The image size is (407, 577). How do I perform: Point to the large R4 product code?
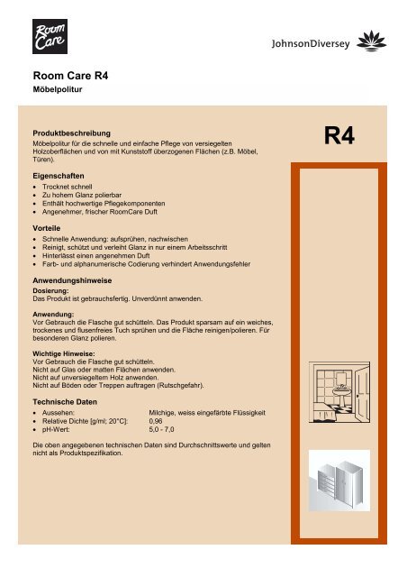(342, 138)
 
